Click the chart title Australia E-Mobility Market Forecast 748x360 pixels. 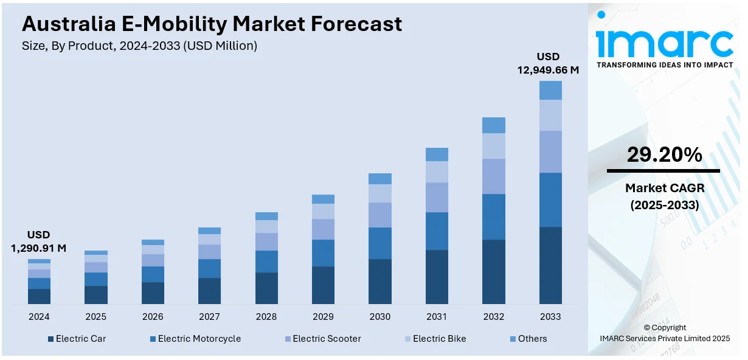pyautogui.click(x=212, y=24)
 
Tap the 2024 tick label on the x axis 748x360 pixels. pyautogui.click(x=39, y=317)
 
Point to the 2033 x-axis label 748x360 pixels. pyautogui.click(x=550, y=317)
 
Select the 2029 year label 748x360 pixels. pyautogui.click(x=323, y=317)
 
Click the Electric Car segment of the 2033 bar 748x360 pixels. pyautogui.click(x=550, y=265)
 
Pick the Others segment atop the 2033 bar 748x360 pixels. pyautogui.click(x=550, y=90)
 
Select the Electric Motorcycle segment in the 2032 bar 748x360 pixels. pyautogui.click(x=494, y=216)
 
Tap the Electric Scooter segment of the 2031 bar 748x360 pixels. pyautogui.click(x=437, y=197)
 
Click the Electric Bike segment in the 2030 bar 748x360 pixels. pyautogui.click(x=380, y=193)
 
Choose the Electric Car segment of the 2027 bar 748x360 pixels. pyautogui.click(x=209, y=291)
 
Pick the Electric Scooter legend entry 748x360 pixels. pyautogui.click(x=322, y=339)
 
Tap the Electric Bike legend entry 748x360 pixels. pyautogui.click(x=435, y=339)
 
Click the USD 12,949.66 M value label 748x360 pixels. pyautogui.click(x=548, y=63)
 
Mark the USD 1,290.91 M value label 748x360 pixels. pyautogui.click(x=39, y=241)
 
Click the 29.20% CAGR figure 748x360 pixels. pyautogui.click(x=664, y=156)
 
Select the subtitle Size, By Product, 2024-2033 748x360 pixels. pyautogui.click(x=140, y=46)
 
